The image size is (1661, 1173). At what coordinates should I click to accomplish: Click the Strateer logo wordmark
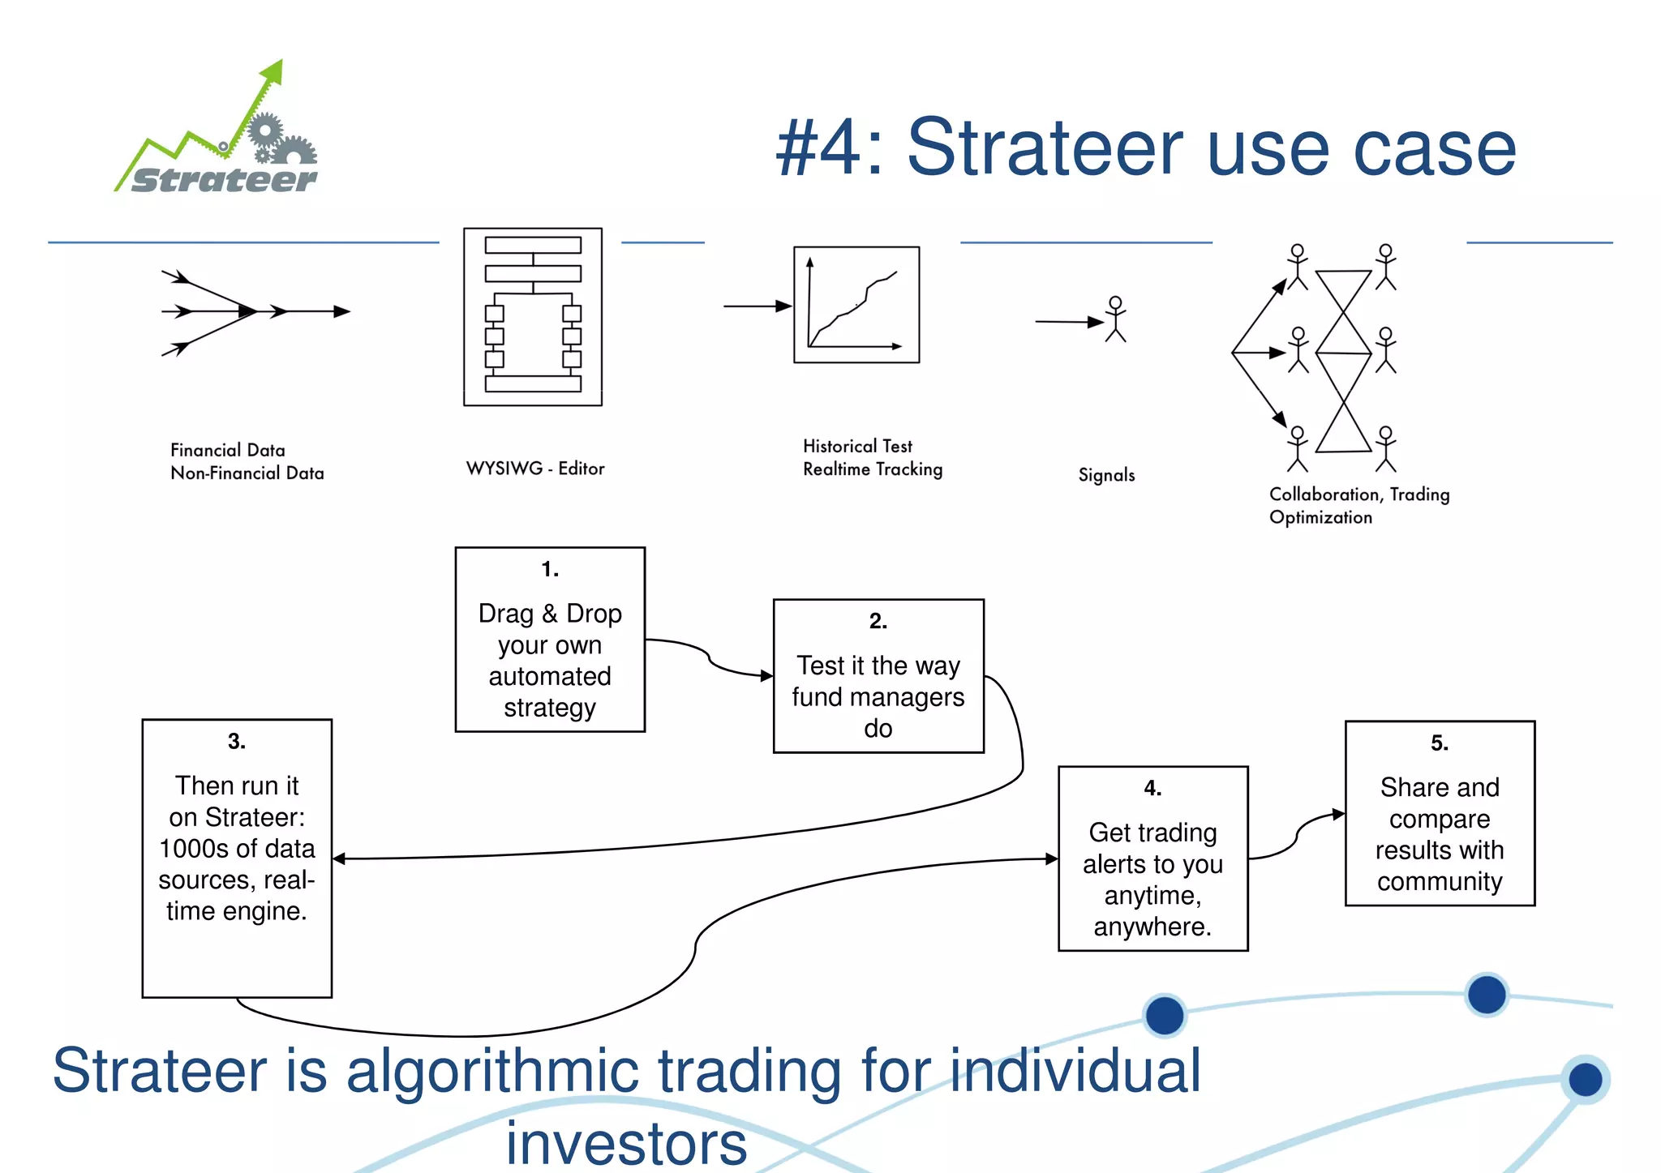224,180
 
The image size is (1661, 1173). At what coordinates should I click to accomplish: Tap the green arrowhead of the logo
273,71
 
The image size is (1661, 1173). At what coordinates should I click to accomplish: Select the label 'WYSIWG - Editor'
535,469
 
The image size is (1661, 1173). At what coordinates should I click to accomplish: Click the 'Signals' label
1106,475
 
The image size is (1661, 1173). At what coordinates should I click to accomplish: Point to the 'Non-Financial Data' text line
247,473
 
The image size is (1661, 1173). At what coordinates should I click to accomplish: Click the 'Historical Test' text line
857,446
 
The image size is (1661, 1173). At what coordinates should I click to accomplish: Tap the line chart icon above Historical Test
856,305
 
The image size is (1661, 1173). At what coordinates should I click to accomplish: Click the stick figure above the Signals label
1116,319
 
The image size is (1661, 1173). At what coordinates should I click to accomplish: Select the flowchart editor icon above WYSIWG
533,316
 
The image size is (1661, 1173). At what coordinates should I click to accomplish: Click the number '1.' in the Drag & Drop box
550,570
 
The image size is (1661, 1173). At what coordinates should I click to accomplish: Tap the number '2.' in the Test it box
878,621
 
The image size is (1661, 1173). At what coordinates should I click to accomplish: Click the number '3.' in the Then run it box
236,742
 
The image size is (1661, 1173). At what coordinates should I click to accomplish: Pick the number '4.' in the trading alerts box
1152,788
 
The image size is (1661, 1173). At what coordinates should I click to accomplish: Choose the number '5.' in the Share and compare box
1439,743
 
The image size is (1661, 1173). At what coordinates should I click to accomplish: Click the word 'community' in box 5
1440,881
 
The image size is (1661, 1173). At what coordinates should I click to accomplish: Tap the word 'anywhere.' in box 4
1152,927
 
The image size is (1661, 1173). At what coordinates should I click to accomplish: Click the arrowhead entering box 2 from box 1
766,675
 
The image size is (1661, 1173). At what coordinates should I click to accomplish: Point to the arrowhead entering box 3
340,858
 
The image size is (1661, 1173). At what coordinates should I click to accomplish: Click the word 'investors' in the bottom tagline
626,1144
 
